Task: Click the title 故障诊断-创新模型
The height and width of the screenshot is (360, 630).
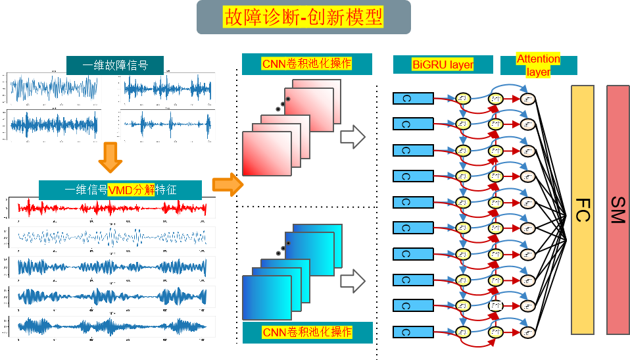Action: pyautogui.click(x=303, y=16)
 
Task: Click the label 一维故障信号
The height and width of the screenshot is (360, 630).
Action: pyautogui.click(x=115, y=65)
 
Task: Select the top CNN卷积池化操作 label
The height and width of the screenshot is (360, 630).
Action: pyautogui.click(x=306, y=64)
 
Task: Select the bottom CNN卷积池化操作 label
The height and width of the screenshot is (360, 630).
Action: pyautogui.click(x=307, y=332)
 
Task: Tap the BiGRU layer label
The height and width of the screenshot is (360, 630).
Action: pyautogui.click(x=443, y=64)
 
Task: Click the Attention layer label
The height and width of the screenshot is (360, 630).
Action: pyautogui.click(x=538, y=64)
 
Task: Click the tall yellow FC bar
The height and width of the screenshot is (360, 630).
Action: pyautogui.click(x=583, y=209)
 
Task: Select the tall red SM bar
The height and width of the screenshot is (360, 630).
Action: pyautogui.click(x=618, y=209)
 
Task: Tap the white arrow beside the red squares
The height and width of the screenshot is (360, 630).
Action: pyautogui.click(x=352, y=138)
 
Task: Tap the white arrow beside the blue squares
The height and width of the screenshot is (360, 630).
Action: pyautogui.click(x=352, y=280)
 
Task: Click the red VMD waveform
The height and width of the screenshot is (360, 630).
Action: pyautogui.click(x=112, y=209)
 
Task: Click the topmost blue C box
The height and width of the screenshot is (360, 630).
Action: pyautogui.click(x=413, y=99)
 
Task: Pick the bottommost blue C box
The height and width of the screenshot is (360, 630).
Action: pyautogui.click(x=413, y=331)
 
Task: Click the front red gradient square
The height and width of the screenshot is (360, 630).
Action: pyautogui.click(x=266, y=153)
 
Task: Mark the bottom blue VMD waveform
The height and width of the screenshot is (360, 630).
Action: pyautogui.click(x=112, y=326)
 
